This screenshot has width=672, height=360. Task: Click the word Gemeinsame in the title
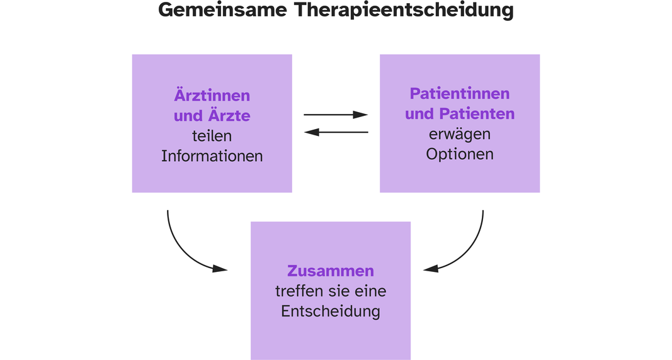click(x=222, y=10)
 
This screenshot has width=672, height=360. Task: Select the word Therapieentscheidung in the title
click(x=404, y=11)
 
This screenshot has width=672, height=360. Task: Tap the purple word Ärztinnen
click(x=212, y=94)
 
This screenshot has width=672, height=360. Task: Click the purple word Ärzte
click(x=229, y=115)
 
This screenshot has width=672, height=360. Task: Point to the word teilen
click(x=212, y=136)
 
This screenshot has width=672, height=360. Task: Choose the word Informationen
click(x=212, y=156)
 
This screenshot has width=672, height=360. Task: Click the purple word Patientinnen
click(x=459, y=93)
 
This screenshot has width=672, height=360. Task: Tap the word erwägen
click(x=459, y=135)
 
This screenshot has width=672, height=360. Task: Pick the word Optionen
click(x=459, y=154)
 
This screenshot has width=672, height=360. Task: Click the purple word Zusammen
click(x=331, y=271)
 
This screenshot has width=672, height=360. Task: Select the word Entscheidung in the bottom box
click(x=331, y=311)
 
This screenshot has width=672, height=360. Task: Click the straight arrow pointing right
click(x=336, y=115)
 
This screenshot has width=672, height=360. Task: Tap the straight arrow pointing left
click(x=336, y=132)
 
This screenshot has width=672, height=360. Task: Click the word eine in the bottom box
click(x=370, y=291)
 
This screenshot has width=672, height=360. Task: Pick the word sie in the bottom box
click(x=339, y=291)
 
